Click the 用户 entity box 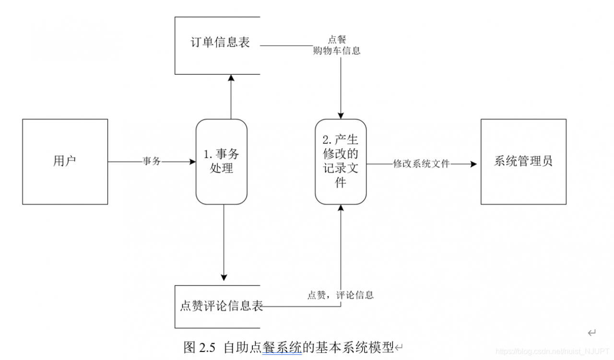click(x=65, y=162)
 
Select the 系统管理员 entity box click(x=523, y=162)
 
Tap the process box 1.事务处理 click(x=221, y=162)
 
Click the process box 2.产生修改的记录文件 click(x=341, y=162)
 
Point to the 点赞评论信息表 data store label click(x=221, y=306)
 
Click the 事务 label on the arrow click(x=152, y=162)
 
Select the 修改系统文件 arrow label click(x=421, y=164)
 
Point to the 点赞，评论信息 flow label click(x=340, y=295)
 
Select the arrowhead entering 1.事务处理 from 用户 click(x=192, y=162)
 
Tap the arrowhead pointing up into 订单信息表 click(x=231, y=78)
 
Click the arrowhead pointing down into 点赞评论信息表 click(x=224, y=277)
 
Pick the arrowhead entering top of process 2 click(x=341, y=116)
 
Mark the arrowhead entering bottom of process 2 click(x=341, y=208)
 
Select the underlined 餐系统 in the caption click(x=282, y=347)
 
